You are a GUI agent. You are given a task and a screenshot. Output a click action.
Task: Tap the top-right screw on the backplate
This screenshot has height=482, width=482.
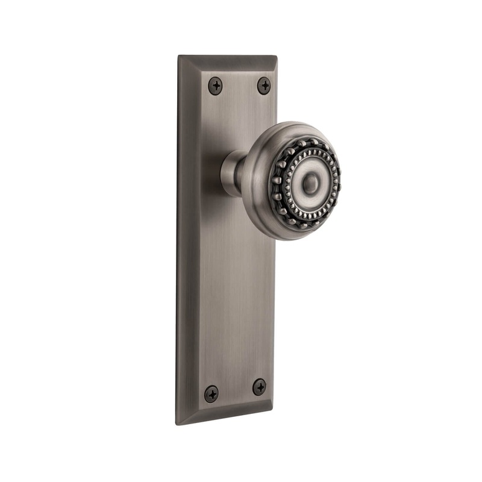264,86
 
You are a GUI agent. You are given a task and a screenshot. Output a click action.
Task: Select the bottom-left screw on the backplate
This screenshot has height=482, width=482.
211,394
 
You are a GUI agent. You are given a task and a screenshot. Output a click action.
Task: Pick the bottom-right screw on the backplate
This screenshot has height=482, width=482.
260,387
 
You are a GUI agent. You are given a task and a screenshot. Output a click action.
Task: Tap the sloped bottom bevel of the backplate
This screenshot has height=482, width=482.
223,418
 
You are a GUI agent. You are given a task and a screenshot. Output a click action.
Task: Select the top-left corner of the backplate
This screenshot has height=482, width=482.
179,56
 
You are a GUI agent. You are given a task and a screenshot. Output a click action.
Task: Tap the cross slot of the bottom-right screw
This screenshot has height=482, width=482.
260,387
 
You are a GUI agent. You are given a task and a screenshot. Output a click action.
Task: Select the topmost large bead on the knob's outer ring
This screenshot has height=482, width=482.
313,142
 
